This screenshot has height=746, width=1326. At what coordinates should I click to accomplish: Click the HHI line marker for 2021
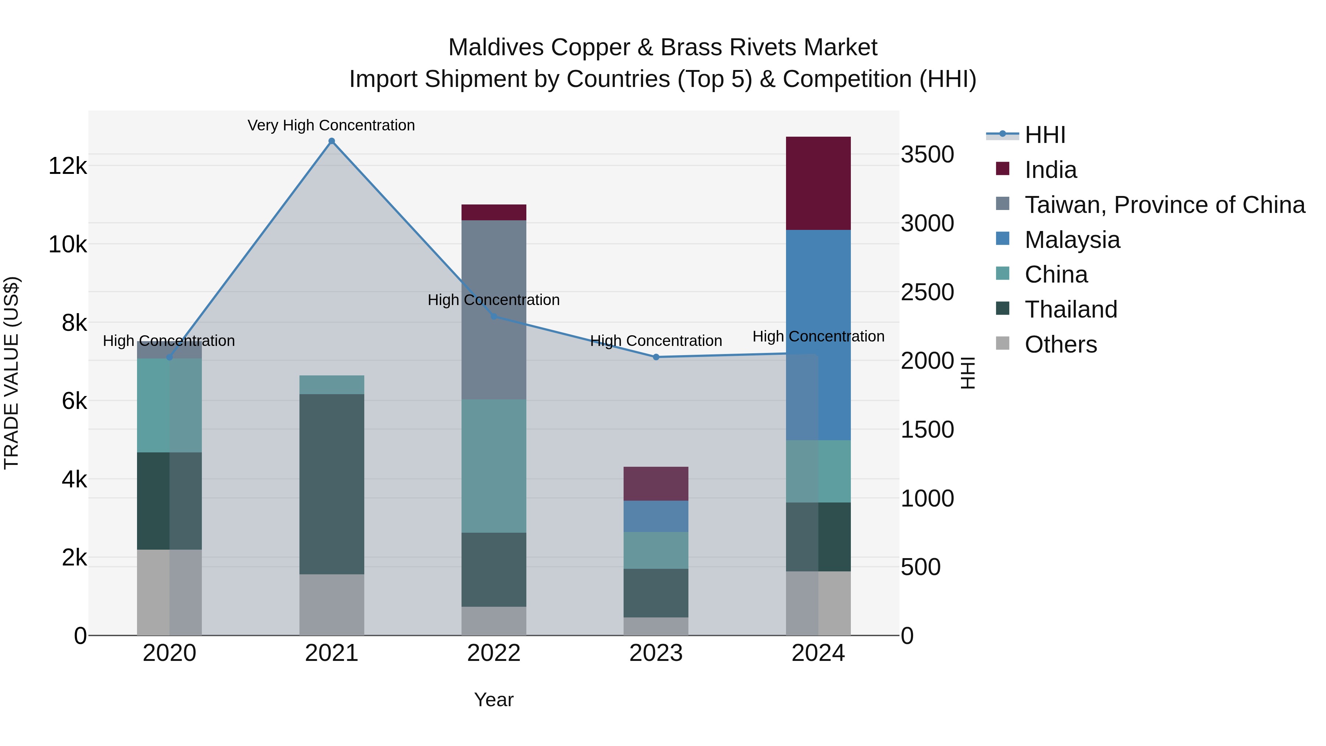[x=331, y=141]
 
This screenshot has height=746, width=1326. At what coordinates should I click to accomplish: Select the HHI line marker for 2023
[x=656, y=357]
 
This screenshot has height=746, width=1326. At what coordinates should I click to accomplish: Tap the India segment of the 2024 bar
[x=818, y=183]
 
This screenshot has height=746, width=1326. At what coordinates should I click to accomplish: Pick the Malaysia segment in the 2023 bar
[x=656, y=516]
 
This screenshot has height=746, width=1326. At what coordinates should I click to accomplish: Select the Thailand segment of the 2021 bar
[x=331, y=484]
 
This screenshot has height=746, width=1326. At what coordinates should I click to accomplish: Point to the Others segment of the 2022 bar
[x=494, y=620]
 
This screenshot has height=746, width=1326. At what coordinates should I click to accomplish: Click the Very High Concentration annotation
[x=331, y=125]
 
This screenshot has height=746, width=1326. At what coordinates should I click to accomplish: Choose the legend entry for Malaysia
[x=1072, y=240]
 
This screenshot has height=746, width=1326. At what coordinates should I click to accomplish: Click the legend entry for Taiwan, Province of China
[x=1164, y=205]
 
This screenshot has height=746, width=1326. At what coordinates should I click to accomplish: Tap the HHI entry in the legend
[x=1045, y=135]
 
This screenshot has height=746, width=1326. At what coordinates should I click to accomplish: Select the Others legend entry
[x=1060, y=344]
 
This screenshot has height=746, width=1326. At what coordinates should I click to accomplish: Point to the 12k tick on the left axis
[x=67, y=166]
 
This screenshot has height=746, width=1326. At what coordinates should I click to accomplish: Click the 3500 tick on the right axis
[x=927, y=154]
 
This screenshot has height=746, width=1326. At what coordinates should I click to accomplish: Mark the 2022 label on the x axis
[x=494, y=653]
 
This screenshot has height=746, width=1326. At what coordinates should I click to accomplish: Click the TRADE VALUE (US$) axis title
[x=11, y=373]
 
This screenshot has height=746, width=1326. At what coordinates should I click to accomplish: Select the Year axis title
[x=494, y=700]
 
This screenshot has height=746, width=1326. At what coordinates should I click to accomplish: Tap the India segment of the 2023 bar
[x=656, y=483]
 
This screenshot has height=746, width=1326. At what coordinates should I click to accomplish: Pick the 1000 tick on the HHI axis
[x=927, y=498]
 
